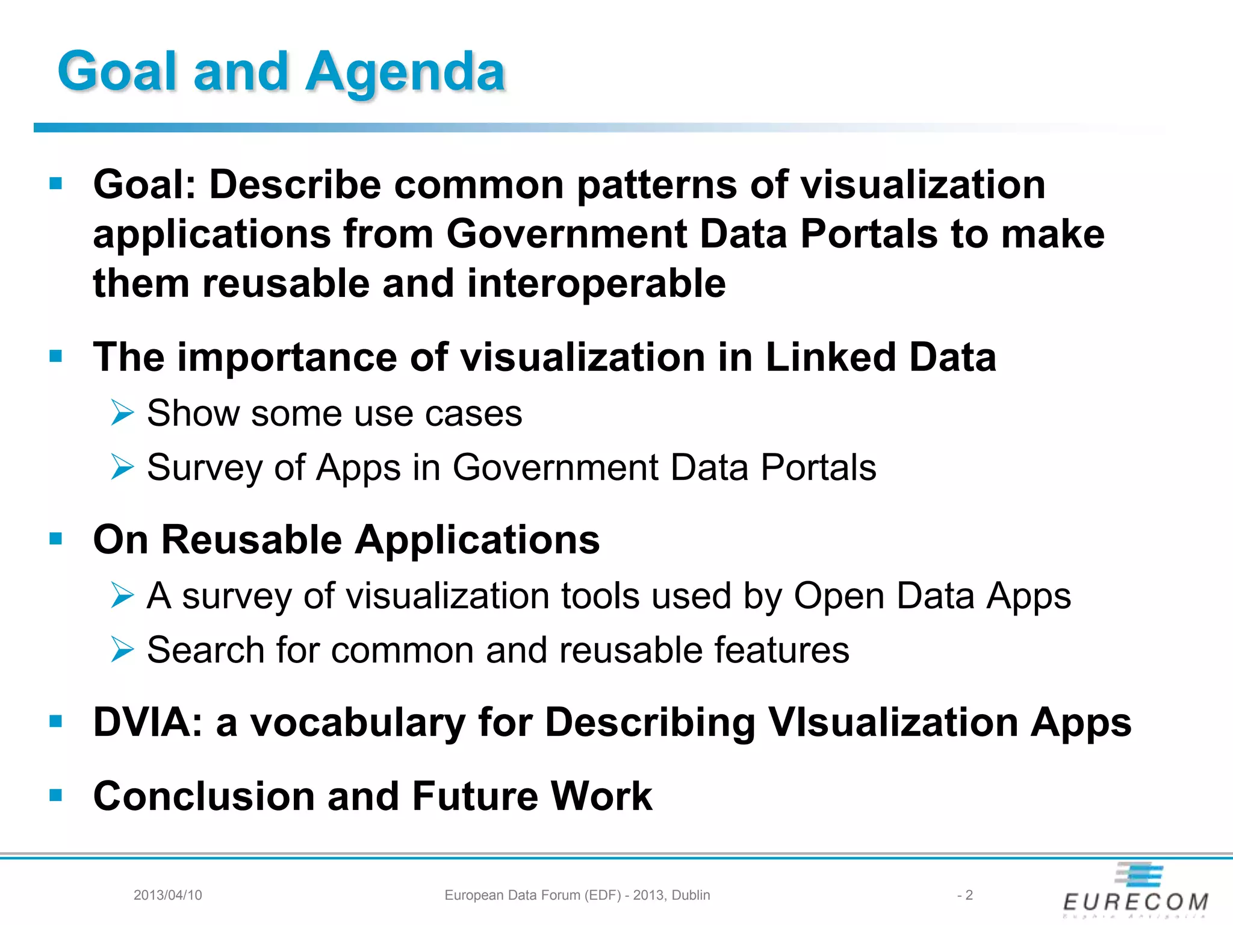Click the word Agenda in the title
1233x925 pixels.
[x=405, y=72]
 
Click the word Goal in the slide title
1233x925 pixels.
[x=117, y=72]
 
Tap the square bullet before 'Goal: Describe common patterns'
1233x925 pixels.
[x=56, y=183]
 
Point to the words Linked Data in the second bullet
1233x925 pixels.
[x=880, y=357]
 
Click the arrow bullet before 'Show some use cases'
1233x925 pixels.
[x=122, y=414]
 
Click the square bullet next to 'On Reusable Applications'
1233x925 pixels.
[x=56, y=538]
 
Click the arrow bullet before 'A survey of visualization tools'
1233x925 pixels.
[x=122, y=596]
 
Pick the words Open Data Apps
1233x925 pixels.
[x=932, y=596]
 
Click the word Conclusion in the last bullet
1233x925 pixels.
[x=203, y=796]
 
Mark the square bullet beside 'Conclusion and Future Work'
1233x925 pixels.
[x=56, y=796]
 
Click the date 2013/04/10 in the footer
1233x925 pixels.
[x=167, y=895]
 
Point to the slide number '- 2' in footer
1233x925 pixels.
[x=964, y=895]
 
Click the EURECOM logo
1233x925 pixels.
[x=1135, y=890]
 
